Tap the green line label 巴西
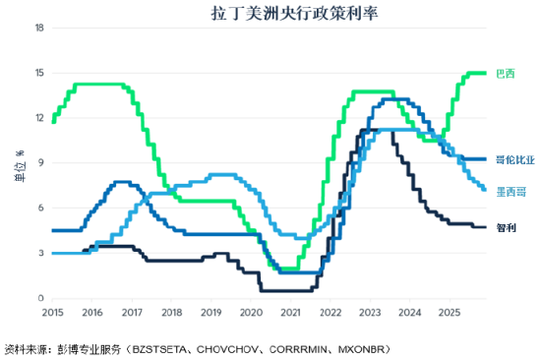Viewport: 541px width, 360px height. [x=504, y=73]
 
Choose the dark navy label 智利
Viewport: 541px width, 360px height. [x=504, y=227]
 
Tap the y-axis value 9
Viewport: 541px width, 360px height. [x=40, y=163]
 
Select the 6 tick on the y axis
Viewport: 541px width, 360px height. [x=40, y=209]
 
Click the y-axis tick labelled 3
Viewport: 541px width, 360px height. [x=40, y=254]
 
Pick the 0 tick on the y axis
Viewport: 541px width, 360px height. [x=40, y=299]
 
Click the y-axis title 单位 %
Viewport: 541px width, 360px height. [x=16, y=164]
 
